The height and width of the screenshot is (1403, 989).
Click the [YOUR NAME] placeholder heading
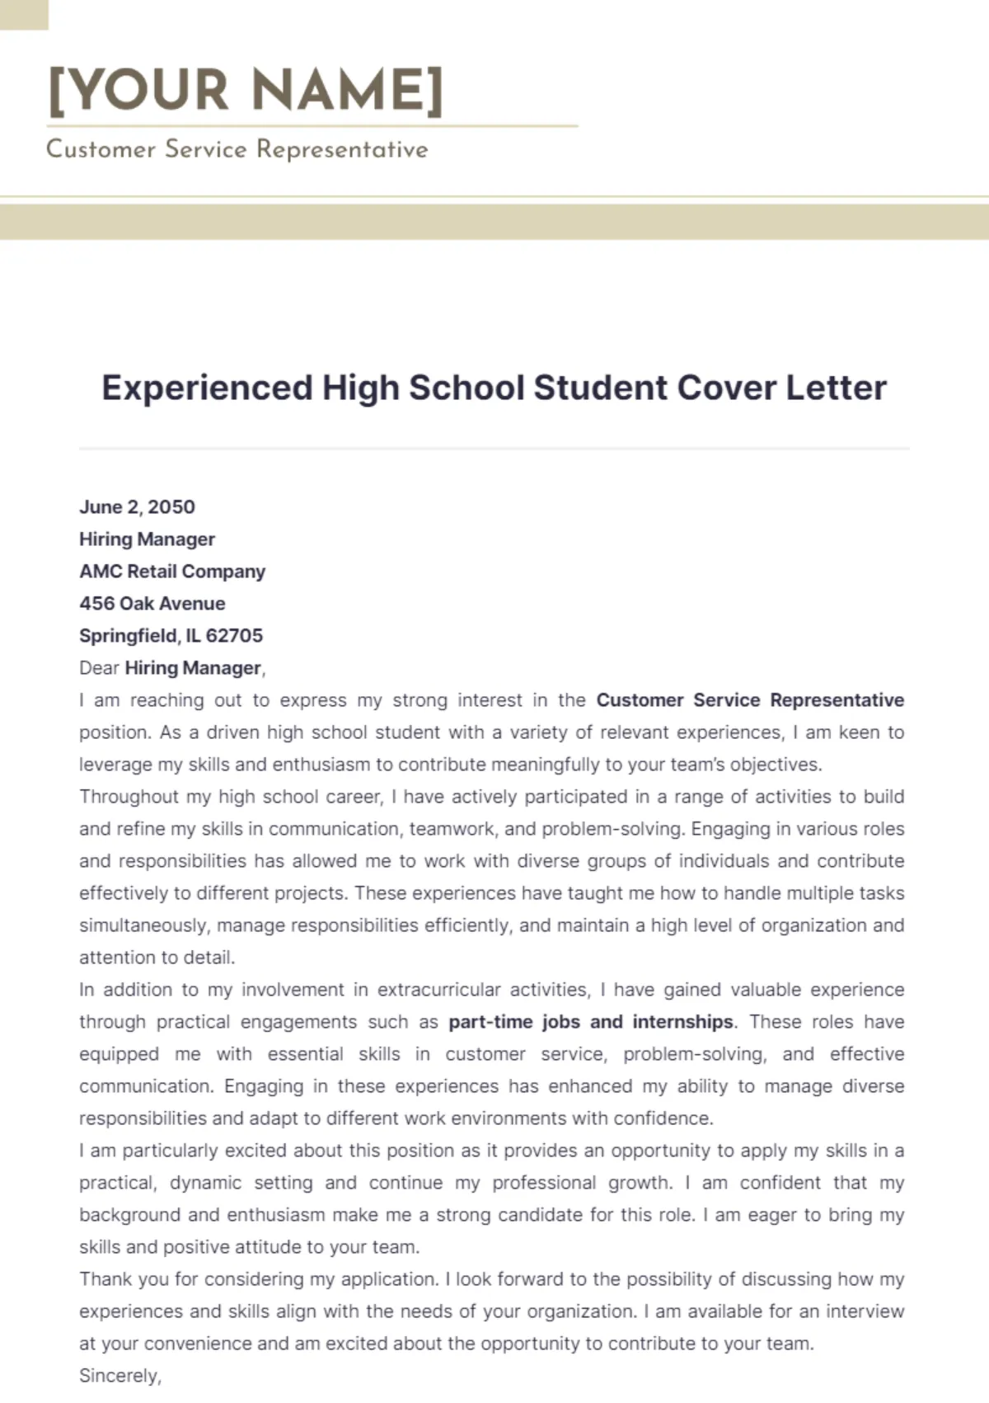click(246, 90)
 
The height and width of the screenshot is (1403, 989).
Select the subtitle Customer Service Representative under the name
click(237, 149)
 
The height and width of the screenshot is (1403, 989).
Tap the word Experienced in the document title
click(207, 388)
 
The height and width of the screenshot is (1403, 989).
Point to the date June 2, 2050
click(137, 507)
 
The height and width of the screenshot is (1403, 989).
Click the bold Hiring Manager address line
click(147, 539)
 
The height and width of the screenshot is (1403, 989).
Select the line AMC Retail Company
click(172, 572)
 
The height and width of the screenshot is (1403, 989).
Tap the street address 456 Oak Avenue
click(152, 604)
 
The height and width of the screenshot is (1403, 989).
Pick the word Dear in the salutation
click(99, 668)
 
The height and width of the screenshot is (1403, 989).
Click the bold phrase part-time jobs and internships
click(590, 1022)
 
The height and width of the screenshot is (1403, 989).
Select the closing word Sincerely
click(120, 1376)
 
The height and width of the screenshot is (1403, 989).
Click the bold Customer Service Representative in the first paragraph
click(750, 700)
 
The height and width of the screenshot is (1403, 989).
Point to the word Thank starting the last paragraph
click(105, 1279)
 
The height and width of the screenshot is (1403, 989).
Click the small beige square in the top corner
click(23, 14)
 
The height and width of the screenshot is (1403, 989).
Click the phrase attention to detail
click(157, 958)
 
